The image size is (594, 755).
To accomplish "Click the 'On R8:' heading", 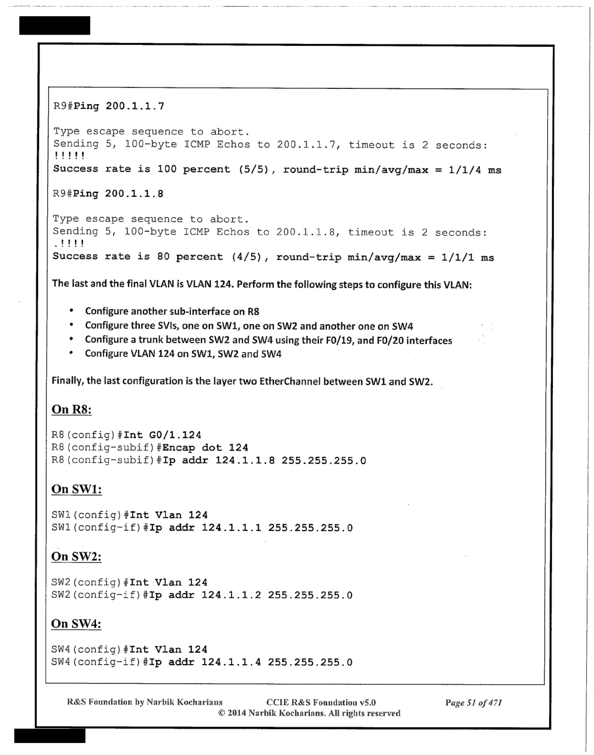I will pyautogui.click(x=72, y=409).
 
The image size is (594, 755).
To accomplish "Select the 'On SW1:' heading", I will pyautogui.click(x=76, y=489).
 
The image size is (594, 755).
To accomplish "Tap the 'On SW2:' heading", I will pyautogui.click(x=76, y=556).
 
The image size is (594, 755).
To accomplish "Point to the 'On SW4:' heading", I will pyautogui.click(x=76, y=624).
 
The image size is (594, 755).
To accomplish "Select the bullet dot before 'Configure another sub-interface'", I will pyautogui.click(x=71, y=311).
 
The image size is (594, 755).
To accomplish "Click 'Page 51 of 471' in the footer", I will pyautogui.click(x=473, y=702).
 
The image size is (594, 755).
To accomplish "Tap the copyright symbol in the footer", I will pyautogui.click(x=222, y=713).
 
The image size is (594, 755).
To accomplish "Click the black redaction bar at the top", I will pyautogui.click(x=55, y=25).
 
